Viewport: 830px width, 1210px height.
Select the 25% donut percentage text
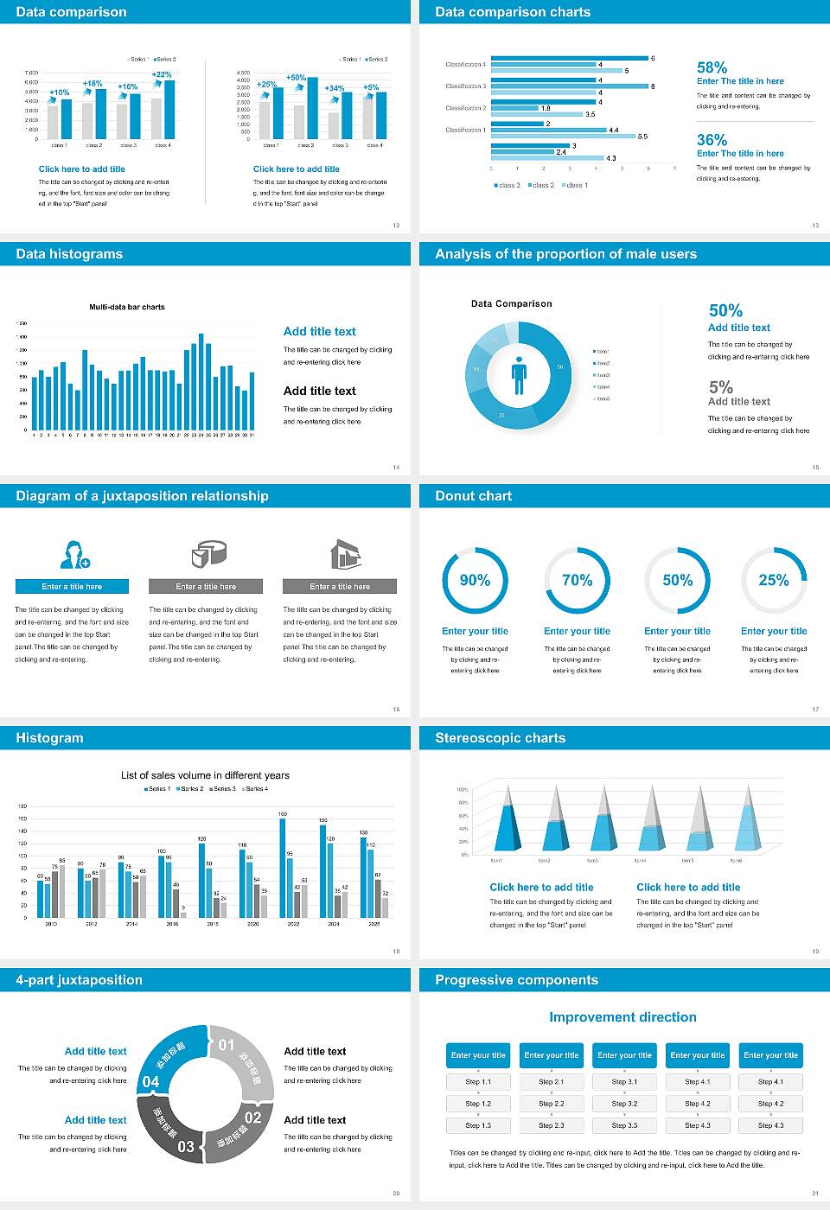(773, 580)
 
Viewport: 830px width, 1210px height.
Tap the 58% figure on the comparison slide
(712, 67)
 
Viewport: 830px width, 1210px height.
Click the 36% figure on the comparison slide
(712, 140)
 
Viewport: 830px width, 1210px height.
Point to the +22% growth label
(162, 74)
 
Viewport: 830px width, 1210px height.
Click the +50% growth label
(296, 77)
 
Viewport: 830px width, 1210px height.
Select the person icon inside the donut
(519, 374)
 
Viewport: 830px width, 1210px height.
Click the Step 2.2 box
(552, 1104)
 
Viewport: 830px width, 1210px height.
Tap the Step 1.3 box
(478, 1125)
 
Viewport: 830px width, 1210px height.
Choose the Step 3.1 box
(624, 1082)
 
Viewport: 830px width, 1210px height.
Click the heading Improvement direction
(622, 1017)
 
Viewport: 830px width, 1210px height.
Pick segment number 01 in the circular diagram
(227, 1045)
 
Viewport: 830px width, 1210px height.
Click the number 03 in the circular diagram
(186, 1146)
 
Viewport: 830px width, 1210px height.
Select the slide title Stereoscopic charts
(500, 738)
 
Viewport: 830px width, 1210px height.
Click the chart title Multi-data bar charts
(127, 307)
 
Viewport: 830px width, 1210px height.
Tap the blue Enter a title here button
(73, 586)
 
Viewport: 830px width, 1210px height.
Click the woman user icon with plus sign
(73, 554)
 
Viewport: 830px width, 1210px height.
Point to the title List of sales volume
(205, 775)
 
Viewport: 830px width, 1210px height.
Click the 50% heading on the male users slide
(725, 310)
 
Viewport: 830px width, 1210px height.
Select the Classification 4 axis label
(465, 64)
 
